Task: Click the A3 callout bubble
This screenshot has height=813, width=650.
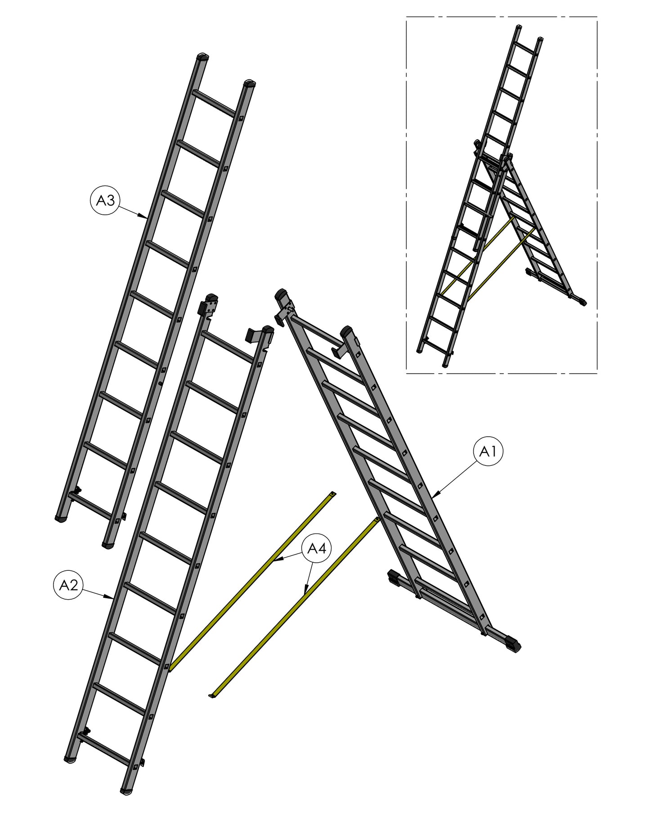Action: (x=106, y=201)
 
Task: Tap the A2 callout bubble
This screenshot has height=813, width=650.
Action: (x=69, y=585)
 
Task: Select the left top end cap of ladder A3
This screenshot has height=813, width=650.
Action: (x=204, y=58)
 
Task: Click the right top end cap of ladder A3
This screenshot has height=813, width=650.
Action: (x=250, y=84)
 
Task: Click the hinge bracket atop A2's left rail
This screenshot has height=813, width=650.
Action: (x=209, y=306)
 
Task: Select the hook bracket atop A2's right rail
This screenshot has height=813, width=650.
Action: (x=258, y=335)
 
